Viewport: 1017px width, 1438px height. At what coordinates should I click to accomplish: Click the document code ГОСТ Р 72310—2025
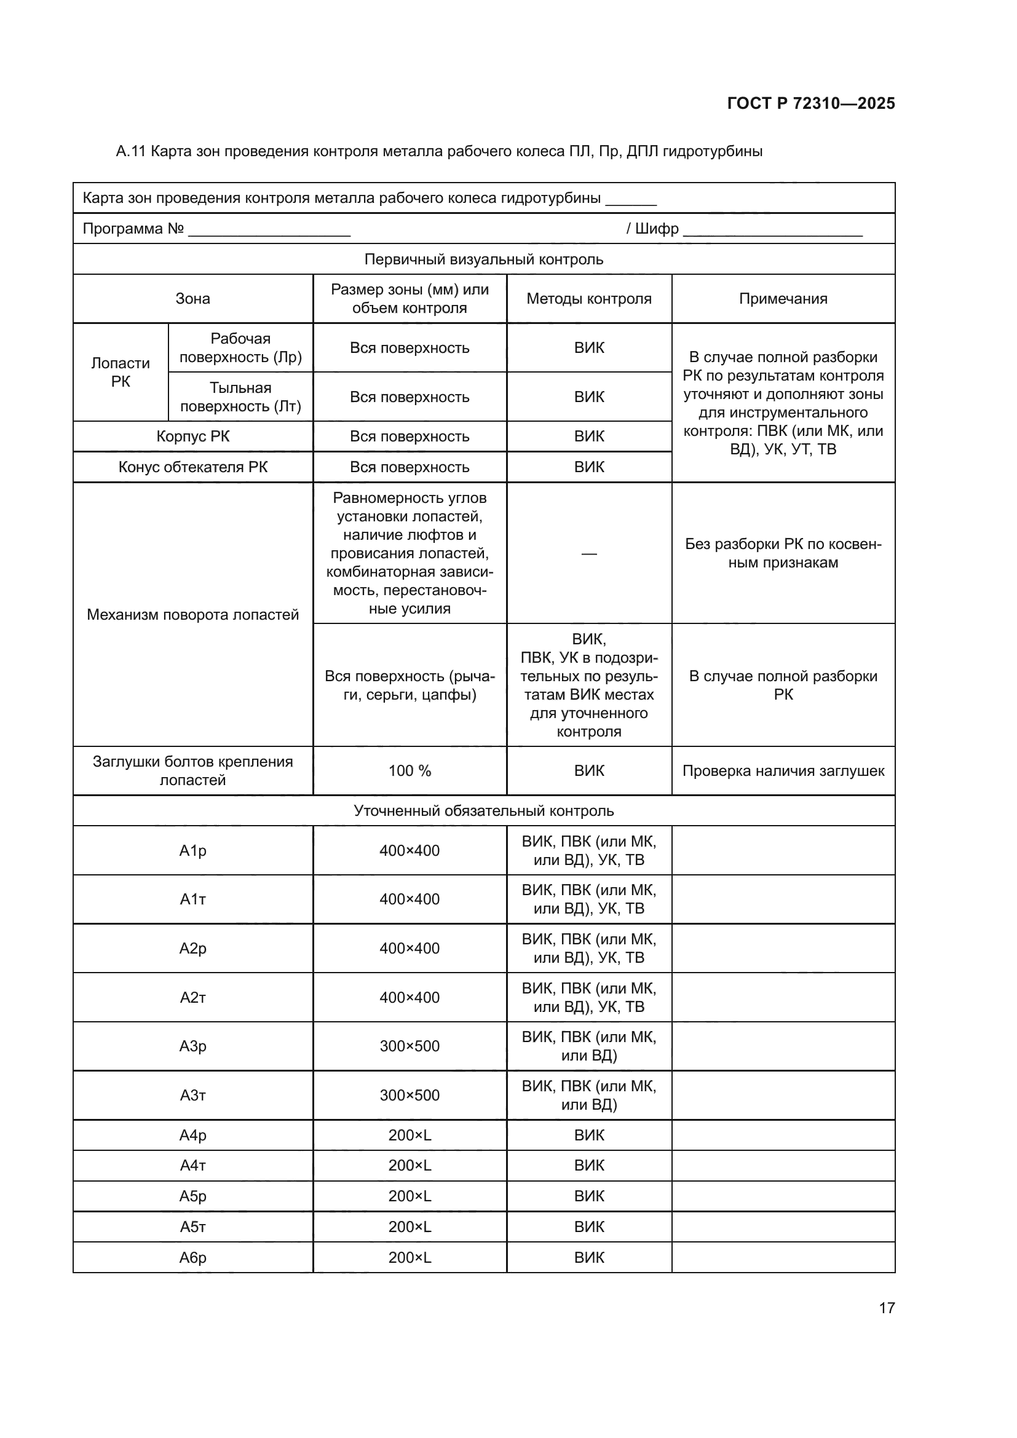[811, 103]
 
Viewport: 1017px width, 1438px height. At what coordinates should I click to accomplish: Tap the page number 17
[887, 1308]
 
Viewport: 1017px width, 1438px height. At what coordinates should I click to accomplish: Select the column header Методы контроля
[588, 299]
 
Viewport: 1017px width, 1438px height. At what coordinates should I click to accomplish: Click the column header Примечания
[783, 299]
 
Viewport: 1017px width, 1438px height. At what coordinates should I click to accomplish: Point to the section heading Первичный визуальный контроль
[483, 259]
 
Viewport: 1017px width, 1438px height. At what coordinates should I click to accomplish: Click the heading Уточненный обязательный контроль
[483, 810]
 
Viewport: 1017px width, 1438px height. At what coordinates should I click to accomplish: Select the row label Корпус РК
[193, 437]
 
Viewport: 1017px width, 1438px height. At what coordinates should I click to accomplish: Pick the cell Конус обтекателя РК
[193, 467]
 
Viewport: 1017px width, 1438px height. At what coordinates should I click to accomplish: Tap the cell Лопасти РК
[121, 372]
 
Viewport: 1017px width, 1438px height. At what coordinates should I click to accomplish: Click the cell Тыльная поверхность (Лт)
[240, 397]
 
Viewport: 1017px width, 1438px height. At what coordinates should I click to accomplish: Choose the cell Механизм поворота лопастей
[193, 614]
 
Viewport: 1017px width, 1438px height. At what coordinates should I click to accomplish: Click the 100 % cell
[410, 771]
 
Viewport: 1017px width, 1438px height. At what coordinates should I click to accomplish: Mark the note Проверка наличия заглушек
[783, 771]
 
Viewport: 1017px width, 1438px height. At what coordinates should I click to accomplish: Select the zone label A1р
[193, 850]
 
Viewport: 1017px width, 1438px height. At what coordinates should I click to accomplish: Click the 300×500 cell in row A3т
[410, 1095]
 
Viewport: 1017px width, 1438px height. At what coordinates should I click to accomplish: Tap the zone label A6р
[193, 1257]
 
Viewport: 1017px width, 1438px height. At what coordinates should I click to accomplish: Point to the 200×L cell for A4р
[410, 1135]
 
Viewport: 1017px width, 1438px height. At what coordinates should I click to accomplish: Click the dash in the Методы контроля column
[588, 554]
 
